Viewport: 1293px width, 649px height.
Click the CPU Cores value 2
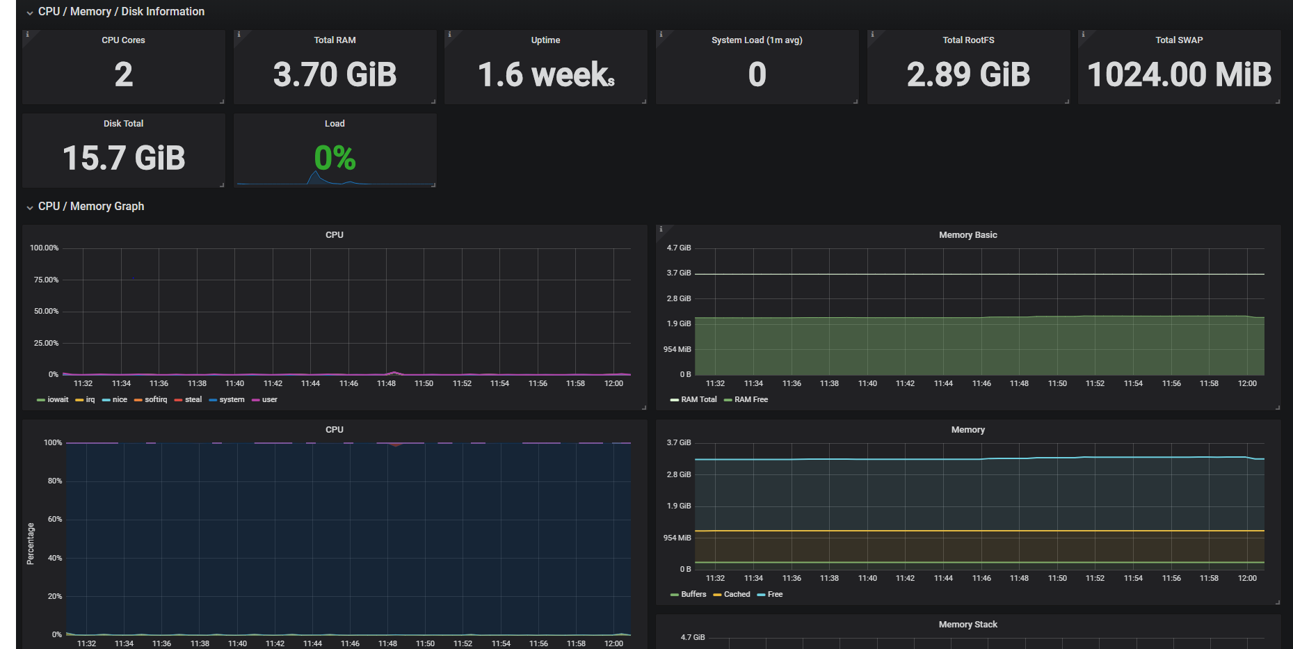coord(124,74)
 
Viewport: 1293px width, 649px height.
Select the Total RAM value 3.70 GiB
coord(335,74)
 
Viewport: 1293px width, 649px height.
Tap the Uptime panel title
coord(545,40)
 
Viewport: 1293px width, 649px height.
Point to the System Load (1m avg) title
coord(757,40)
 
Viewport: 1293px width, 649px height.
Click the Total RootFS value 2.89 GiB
coord(968,74)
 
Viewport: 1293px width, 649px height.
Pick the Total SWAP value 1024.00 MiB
coord(1179,74)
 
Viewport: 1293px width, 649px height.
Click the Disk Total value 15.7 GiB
coord(124,158)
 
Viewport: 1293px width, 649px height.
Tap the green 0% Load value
coord(335,158)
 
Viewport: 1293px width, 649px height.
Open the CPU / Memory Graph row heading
coord(91,207)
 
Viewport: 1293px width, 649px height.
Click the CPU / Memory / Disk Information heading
coord(121,12)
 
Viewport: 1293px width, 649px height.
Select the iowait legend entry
coord(53,400)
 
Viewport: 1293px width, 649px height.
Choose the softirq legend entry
coord(151,400)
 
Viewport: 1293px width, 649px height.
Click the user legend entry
coord(265,400)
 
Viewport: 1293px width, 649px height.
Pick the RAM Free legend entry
coord(746,400)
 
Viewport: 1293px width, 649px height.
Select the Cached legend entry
coord(732,595)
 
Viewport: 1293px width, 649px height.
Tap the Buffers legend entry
coord(689,595)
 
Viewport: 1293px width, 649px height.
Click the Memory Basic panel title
coord(967,235)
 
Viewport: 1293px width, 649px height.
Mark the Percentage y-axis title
coord(31,544)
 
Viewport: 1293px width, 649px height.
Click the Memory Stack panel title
coord(967,625)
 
